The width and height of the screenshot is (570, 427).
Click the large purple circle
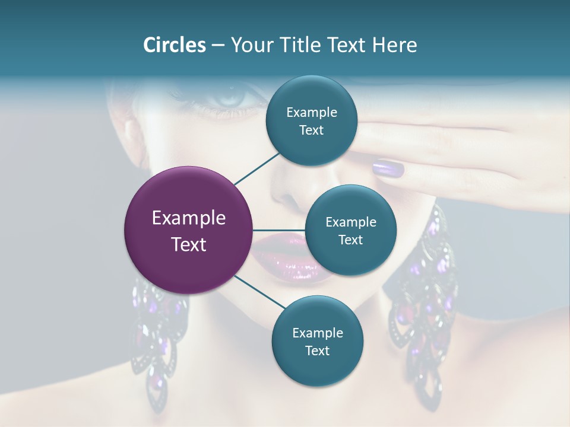[x=188, y=230]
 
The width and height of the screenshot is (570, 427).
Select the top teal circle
[x=311, y=121]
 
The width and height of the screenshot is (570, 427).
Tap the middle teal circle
[x=350, y=230]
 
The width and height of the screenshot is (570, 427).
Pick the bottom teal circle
[x=317, y=341]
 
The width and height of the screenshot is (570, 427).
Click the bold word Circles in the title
[x=175, y=45]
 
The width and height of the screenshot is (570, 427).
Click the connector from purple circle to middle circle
[x=278, y=230]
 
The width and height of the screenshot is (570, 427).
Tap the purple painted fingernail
[x=388, y=169]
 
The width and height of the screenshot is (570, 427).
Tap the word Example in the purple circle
[x=188, y=218]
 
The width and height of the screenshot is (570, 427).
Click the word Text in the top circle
[x=311, y=130]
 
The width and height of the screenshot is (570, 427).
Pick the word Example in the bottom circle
[x=317, y=333]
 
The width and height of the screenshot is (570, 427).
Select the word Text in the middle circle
[x=350, y=240]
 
